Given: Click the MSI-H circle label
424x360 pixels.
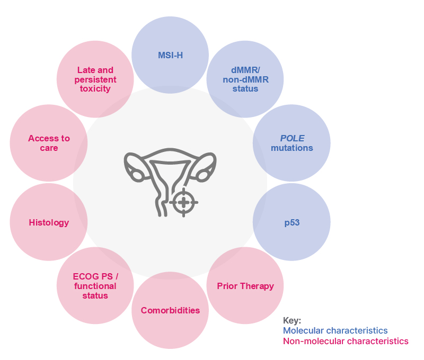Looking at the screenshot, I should coord(170,55).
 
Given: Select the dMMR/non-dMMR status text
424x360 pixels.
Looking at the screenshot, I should coord(245,79).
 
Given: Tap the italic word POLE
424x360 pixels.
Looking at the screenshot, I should coord(292,138).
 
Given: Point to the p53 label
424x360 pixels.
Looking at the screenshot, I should coord(292,222).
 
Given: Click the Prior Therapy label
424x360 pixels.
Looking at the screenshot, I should coord(245,286).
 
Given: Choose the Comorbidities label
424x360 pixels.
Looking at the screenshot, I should coord(170,310).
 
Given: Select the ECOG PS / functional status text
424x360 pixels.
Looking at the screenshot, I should coord(95,286).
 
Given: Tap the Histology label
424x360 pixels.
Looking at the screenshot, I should coord(49,222).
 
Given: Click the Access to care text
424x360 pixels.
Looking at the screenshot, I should coord(49,143).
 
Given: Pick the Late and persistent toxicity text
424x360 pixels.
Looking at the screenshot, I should coord(95,79).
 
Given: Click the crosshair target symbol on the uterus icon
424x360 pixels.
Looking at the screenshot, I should coord(183,202).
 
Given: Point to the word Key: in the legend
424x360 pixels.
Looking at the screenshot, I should coord(292,320).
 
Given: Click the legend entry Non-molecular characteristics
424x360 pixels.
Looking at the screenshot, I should coord(346,341).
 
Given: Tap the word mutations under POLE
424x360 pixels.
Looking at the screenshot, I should coord(292,148).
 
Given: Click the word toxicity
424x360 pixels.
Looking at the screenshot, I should coord(95,88).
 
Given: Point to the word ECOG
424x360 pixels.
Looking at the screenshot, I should coord(85,276).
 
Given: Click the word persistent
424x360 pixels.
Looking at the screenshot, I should coord(95,79).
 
